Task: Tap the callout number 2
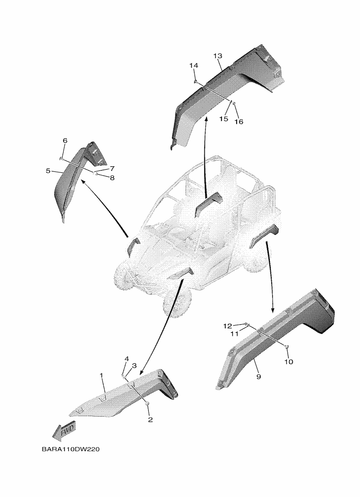pyautogui.click(x=150, y=420)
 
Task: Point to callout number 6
pyautogui.click(x=126, y=359)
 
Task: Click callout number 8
pyautogui.click(x=48, y=171)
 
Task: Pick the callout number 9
pyautogui.click(x=65, y=141)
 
